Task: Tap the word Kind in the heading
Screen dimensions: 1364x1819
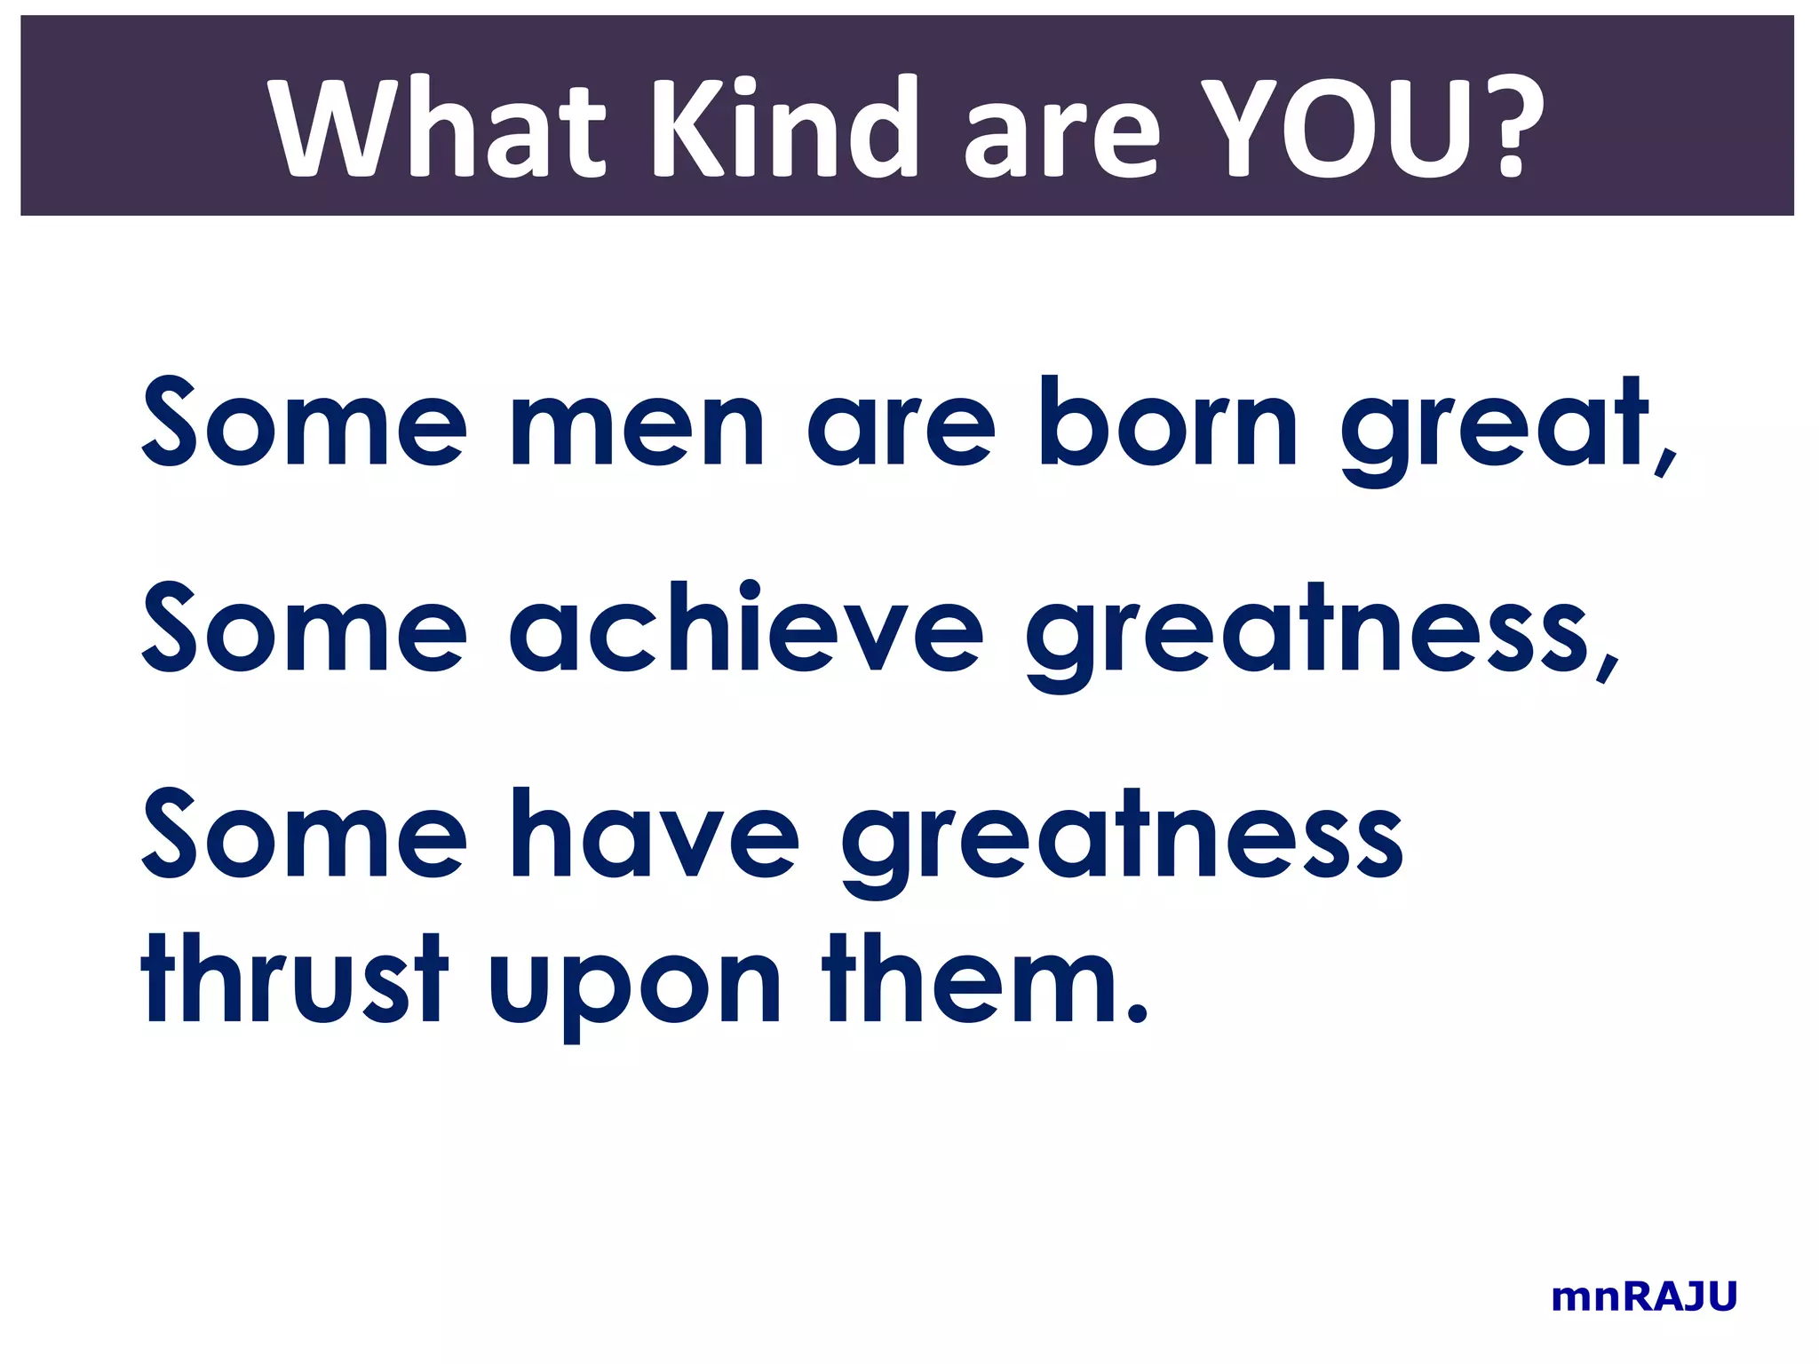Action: coord(782,129)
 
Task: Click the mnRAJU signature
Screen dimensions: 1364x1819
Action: coord(1644,1297)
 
